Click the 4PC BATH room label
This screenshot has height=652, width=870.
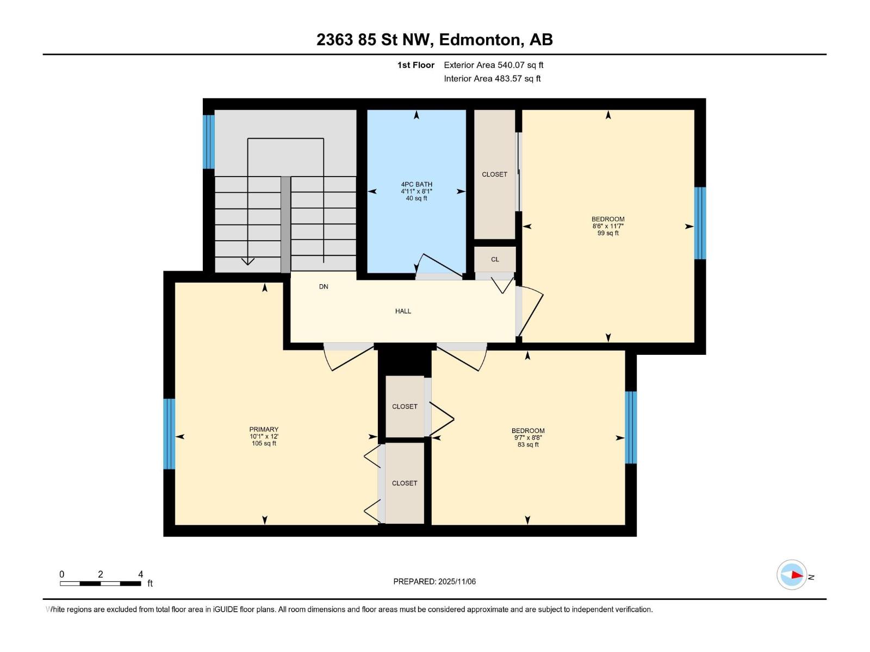coord(416,184)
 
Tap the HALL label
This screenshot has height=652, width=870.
coord(403,311)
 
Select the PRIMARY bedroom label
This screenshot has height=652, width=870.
coord(264,429)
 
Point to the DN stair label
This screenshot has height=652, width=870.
coord(324,287)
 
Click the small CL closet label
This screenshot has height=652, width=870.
coord(495,259)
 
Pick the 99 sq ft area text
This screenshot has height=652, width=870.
coord(608,233)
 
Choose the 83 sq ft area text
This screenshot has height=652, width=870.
coord(528,444)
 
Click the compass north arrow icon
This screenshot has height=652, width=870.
coord(792,575)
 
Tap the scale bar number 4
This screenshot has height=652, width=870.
coord(140,574)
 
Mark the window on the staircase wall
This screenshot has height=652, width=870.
coord(208,142)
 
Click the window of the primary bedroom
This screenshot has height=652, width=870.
coord(169,434)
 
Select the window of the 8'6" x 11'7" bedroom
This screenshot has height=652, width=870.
coord(700,223)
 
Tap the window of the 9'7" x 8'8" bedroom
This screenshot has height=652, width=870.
coord(631,427)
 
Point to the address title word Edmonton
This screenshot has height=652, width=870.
coord(479,40)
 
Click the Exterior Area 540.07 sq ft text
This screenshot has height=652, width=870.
coord(494,65)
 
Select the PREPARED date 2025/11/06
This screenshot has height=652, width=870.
coord(457,581)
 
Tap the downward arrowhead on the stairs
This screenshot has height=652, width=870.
coord(248,261)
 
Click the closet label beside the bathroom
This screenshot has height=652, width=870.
coord(494,174)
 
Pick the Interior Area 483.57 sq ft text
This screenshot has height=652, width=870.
coord(492,78)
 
